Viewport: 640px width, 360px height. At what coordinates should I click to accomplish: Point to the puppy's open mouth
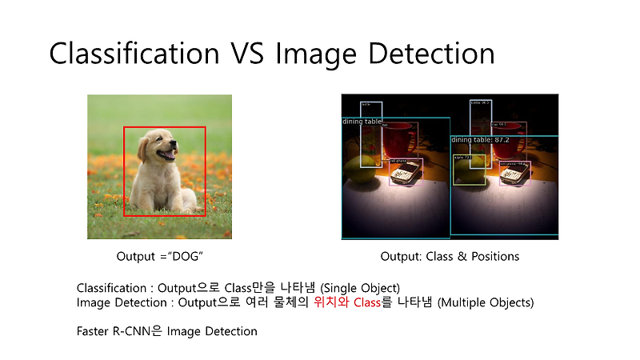click(x=166, y=154)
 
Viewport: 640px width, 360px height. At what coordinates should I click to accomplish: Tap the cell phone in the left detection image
click(x=405, y=171)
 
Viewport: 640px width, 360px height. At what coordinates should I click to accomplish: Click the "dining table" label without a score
click(x=362, y=122)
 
